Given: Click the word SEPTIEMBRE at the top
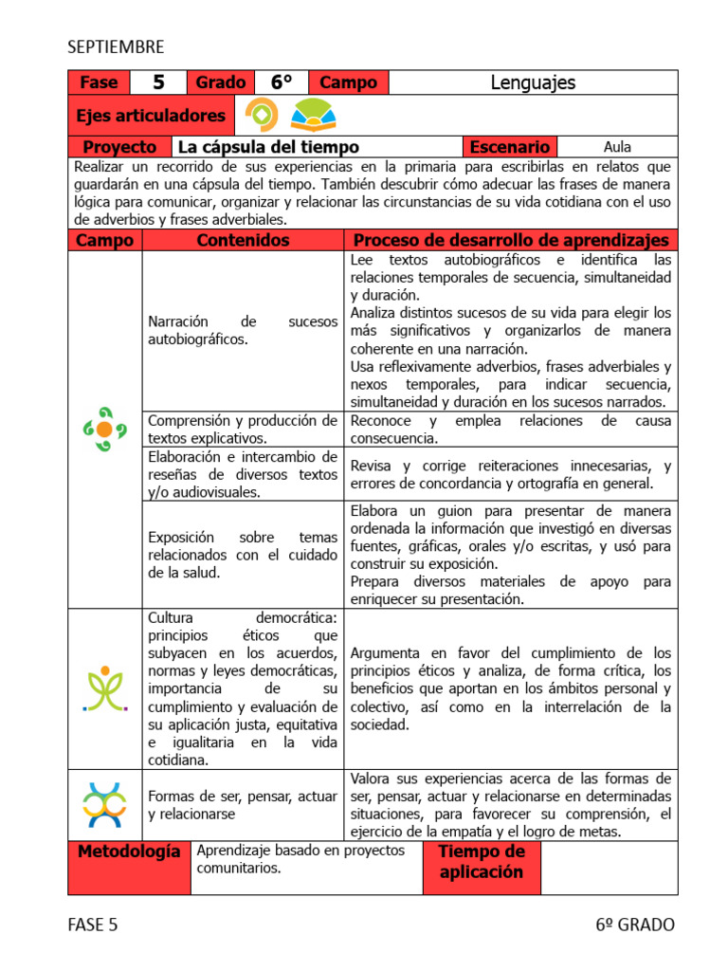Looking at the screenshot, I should tap(116, 46).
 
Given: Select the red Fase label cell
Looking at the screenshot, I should tap(99, 82).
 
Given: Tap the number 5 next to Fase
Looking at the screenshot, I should tap(158, 82).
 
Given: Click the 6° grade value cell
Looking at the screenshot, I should tap(282, 82).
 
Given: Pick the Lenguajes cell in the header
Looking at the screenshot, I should tap(533, 82).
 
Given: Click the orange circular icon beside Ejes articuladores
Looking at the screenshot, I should tap(262, 116).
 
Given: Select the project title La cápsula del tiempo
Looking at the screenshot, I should tap(268, 147).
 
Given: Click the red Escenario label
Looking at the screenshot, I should tap(509, 147).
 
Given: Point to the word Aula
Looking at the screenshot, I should tap(617, 147).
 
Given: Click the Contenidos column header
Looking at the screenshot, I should tap(243, 240).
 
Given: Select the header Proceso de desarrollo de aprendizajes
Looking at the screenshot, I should tap(510, 240).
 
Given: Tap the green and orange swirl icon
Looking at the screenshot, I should tap(104, 430).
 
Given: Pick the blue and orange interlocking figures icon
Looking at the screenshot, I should tap(104, 804).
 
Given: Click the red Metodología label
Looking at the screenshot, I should tap(128, 852).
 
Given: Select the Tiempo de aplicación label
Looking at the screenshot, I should tap(482, 862).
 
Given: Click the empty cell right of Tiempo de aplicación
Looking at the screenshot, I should tap(609, 867).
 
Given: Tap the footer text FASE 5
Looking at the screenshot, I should tap(93, 925).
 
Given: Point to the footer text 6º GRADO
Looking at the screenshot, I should tap(635, 925).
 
